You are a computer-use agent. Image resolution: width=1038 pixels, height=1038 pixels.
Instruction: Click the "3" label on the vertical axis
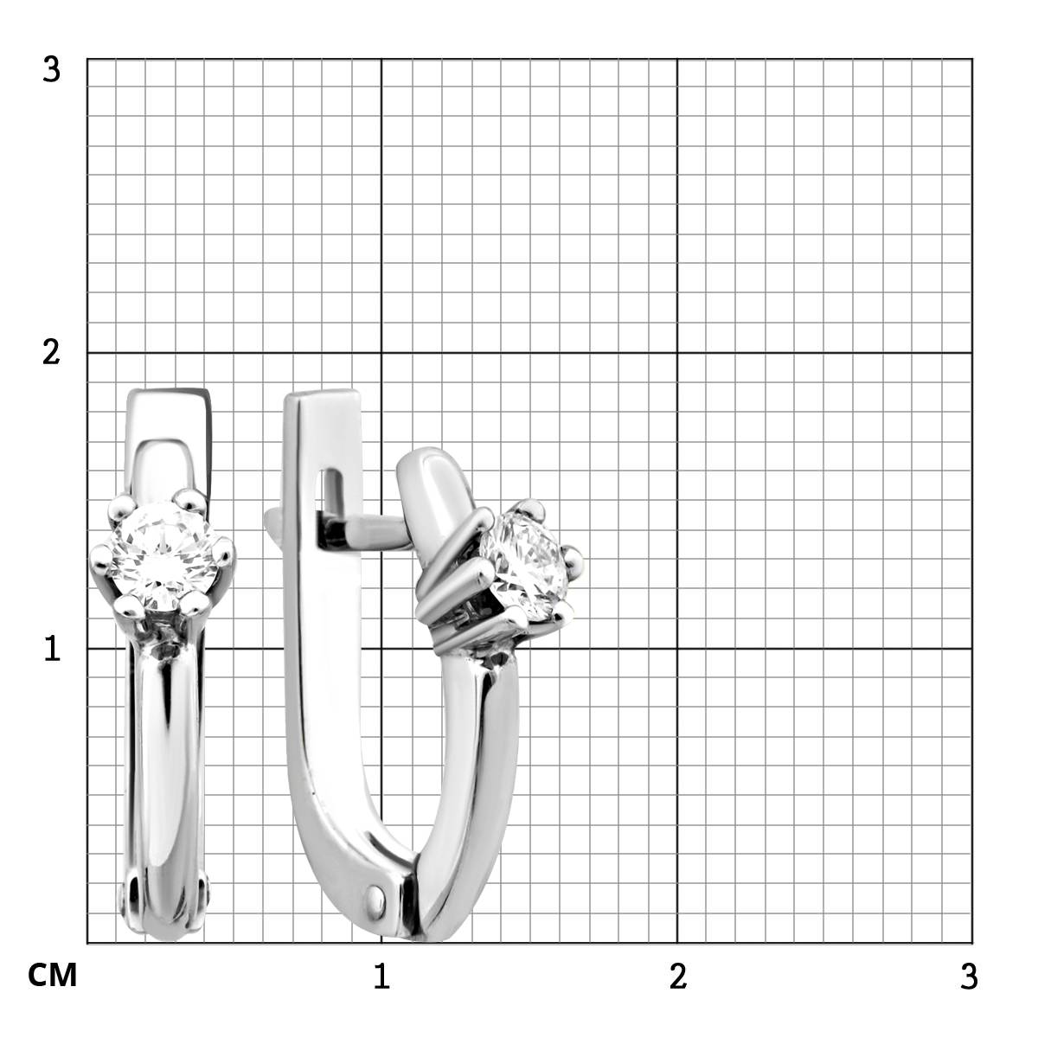[x=51, y=70]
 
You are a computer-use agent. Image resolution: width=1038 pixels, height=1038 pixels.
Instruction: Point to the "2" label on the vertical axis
[x=51, y=354]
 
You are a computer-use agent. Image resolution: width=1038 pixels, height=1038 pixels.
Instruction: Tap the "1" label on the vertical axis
[x=52, y=649]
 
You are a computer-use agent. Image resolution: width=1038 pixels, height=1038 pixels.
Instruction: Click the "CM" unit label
[x=52, y=976]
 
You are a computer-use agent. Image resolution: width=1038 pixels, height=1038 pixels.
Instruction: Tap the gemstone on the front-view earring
[x=163, y=556]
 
